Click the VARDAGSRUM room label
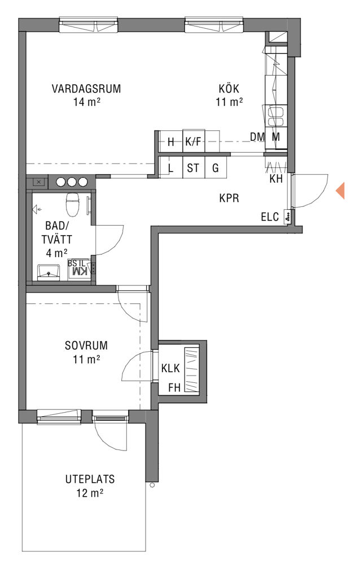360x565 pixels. coord(86,89)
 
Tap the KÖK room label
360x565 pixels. coord(229,89)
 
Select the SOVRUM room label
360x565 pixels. coord(86,346)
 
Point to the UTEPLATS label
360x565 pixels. coord(90,479)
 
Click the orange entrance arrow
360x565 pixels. coord(340,191)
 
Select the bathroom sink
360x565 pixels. coord(49,272)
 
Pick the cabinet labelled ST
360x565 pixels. coord(194,167)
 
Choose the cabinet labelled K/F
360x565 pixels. coord(194,141)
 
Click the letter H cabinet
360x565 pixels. coord(171,142)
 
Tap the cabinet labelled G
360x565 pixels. coord(216,167)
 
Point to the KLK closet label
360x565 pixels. coord(170,368)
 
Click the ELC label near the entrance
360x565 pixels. coord(270,217)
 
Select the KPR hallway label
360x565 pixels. coord(229,198)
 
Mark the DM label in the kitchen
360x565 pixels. coord(257,137)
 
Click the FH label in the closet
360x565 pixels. coord(174,388)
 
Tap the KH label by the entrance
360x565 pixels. coord(276,179)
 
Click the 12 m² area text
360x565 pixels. coord(90,493)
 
